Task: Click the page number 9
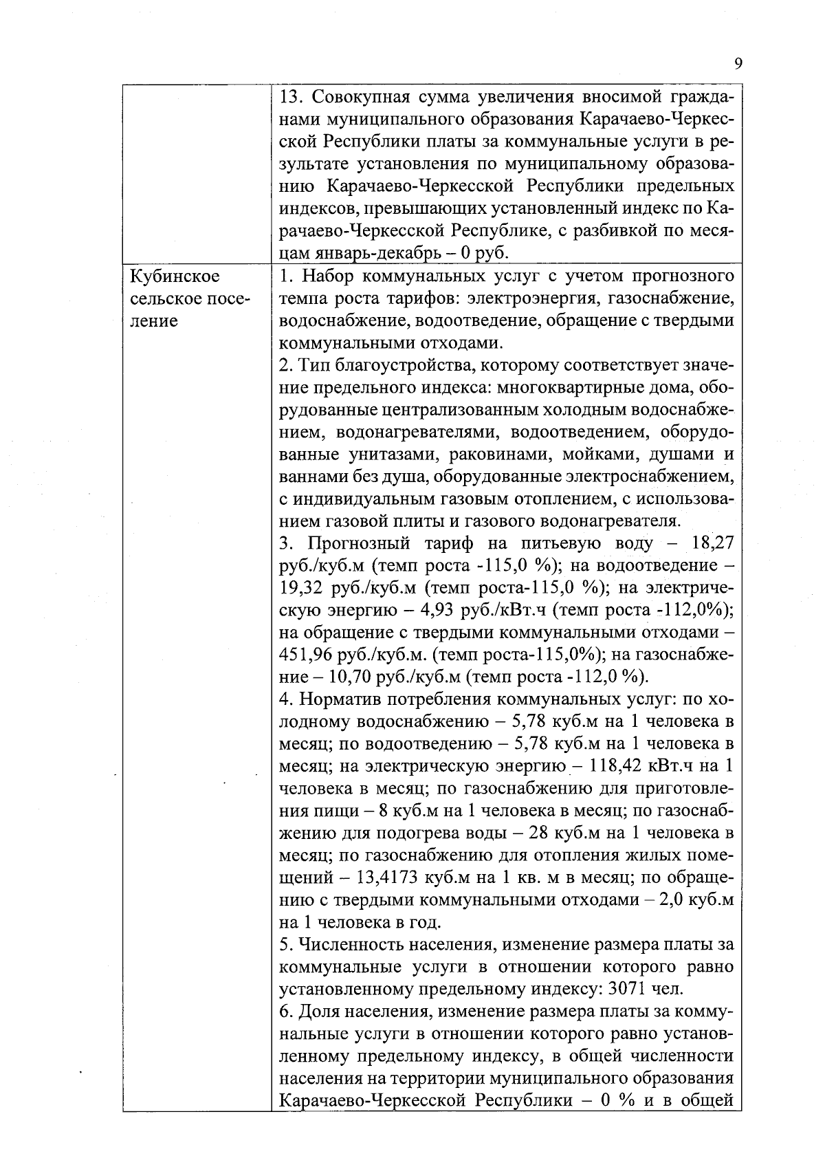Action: coord(738,64)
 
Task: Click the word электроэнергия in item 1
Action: coord(533,298)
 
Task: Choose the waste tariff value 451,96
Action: coord(306,655)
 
